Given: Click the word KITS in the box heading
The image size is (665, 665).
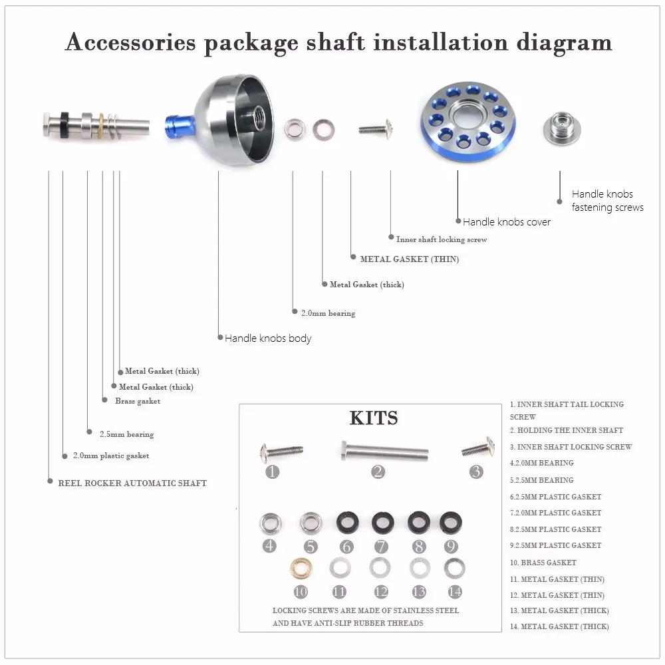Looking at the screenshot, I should (x=374, y=418).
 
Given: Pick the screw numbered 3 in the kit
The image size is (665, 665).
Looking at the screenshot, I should (x=477, y=448).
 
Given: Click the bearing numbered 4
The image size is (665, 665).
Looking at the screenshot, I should (x=269, y=523).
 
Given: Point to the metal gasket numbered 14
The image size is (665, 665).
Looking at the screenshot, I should (x=454, y=569).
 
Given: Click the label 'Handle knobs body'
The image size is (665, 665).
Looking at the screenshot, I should (x=267, y=338).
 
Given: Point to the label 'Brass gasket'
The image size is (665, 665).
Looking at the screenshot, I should (x=137, y=401).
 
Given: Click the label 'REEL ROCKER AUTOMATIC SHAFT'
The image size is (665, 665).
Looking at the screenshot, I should (x=132, y=483).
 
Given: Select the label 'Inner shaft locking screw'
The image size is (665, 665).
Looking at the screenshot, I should (x=441, y=239).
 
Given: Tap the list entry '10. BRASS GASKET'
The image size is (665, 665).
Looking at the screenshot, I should (x=543, y=563).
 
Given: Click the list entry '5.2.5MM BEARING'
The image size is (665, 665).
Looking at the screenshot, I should (x=541, y=480).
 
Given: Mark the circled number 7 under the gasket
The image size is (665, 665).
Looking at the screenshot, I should (x=380, y=547).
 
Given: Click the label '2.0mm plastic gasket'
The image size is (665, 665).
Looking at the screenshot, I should (x=110, y=456).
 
